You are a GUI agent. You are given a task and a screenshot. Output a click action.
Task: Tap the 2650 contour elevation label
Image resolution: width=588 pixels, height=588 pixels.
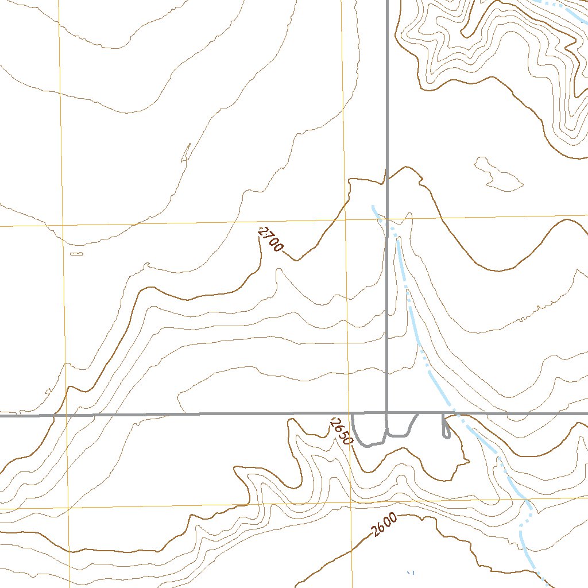[341, 431]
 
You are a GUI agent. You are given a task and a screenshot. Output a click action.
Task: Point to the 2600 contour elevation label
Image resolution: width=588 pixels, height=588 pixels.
[384, 524]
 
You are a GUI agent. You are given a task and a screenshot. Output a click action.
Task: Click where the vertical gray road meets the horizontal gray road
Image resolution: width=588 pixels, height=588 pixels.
[387, 413]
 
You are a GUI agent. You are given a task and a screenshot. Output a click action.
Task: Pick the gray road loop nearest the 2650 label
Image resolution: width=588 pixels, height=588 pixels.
[369, 431]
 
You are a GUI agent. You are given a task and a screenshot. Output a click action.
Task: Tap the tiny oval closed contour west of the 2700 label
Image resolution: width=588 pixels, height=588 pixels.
[76, 253]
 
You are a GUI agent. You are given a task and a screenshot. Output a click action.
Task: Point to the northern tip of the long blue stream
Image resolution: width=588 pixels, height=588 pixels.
[373, 206]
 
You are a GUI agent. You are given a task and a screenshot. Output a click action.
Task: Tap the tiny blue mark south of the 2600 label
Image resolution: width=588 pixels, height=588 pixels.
[410, 572]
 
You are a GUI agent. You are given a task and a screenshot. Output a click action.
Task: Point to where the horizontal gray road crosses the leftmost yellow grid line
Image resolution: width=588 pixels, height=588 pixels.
[65, 414]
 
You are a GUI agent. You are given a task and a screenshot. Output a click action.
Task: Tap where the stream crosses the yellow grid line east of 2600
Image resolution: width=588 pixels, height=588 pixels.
[527, 498]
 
